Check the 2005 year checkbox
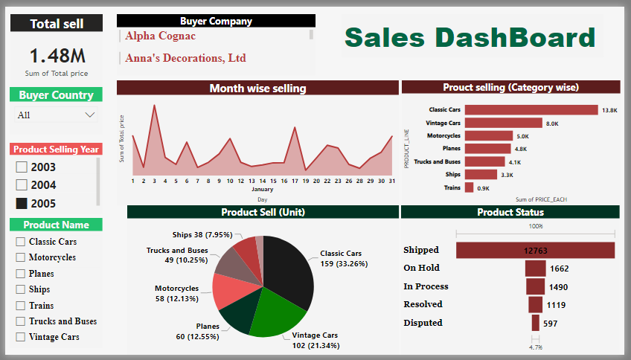[22, 203]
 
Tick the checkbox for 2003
[22, 167]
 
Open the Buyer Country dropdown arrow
[90, 115]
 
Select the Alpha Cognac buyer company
[160, 36]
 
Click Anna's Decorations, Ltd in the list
[185, 58]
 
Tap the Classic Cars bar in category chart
[531, 110]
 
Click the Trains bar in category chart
[469, 188]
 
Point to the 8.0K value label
[552, 123]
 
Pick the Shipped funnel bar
[535, 251]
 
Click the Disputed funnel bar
[535, 323]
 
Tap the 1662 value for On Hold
[559, 269]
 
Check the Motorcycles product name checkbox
[21, 257]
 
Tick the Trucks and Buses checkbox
[21, 321]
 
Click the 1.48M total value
[57, 56]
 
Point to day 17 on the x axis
[295, 181]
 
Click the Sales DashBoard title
[470, 37]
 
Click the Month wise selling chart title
[257, 89]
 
